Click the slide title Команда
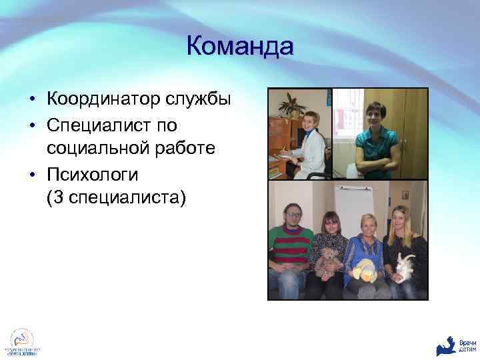[239, 47]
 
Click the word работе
[185, 148]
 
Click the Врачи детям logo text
[467, 345]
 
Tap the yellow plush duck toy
[364, 269]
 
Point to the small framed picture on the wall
[405, 195]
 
